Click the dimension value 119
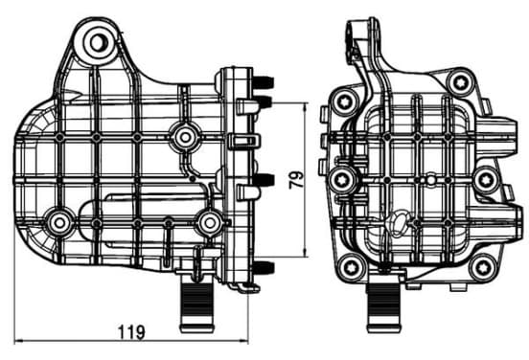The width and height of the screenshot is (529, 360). (x=132, y=331)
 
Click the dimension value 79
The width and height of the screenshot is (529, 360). (x=297, y=180)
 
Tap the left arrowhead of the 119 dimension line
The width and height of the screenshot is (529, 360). (x=19, y=341)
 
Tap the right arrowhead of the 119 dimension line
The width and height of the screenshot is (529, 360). (x=244, y=341)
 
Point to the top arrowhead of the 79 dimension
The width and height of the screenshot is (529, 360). (x=306, y=107)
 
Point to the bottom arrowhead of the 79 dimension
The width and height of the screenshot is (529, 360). (x=306, y=252)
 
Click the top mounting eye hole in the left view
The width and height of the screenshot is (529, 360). (x=100, y=42)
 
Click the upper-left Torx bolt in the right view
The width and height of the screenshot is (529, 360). (x=344, y=101)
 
